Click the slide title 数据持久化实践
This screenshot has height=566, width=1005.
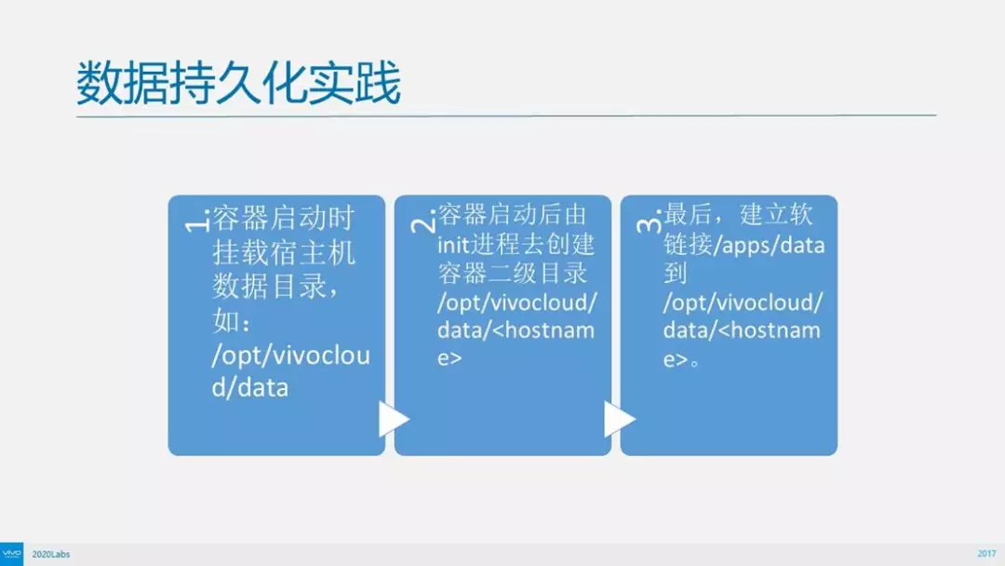(238, 83)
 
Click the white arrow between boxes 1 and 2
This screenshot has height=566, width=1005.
(393, 419)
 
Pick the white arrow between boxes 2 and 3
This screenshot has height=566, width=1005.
(619, 419)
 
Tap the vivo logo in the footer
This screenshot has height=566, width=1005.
(11, 554)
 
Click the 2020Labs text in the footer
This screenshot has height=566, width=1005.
(50, 555)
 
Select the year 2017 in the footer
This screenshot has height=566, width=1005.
(986, 554)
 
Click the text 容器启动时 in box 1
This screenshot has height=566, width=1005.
(283, 219)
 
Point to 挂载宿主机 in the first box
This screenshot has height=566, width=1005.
(283, 252)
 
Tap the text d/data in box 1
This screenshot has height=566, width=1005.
(250, 387)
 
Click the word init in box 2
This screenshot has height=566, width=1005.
(453, 244)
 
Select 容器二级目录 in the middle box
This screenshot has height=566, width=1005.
(512, 273)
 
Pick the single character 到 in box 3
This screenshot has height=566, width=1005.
(676, 273)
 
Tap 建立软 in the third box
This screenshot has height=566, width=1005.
(776, 215)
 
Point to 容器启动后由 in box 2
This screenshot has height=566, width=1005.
(512, 215)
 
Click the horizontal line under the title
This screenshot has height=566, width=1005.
(506, 116)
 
